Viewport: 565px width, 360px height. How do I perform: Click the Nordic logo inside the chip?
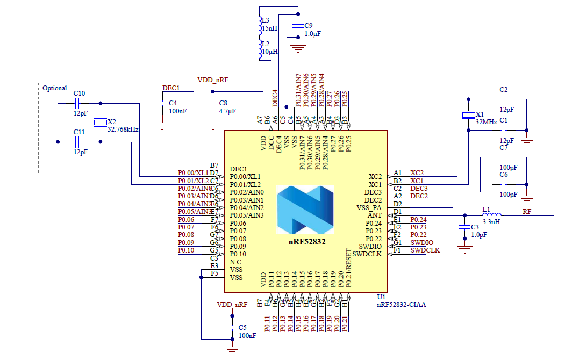(305, 210)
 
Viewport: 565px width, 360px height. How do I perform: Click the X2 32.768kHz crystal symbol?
(100, 123)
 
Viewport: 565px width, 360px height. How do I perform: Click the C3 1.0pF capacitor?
(463, 228)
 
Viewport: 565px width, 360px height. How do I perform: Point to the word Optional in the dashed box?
(54, 88)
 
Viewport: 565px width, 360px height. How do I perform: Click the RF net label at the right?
(527, 212)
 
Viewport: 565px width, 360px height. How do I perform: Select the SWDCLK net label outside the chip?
(425, 250)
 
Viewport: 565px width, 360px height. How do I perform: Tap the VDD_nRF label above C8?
(212, 80)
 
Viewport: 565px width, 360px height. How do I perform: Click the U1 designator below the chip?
(381, 297)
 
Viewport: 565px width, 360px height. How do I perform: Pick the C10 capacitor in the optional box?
(78, 104)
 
